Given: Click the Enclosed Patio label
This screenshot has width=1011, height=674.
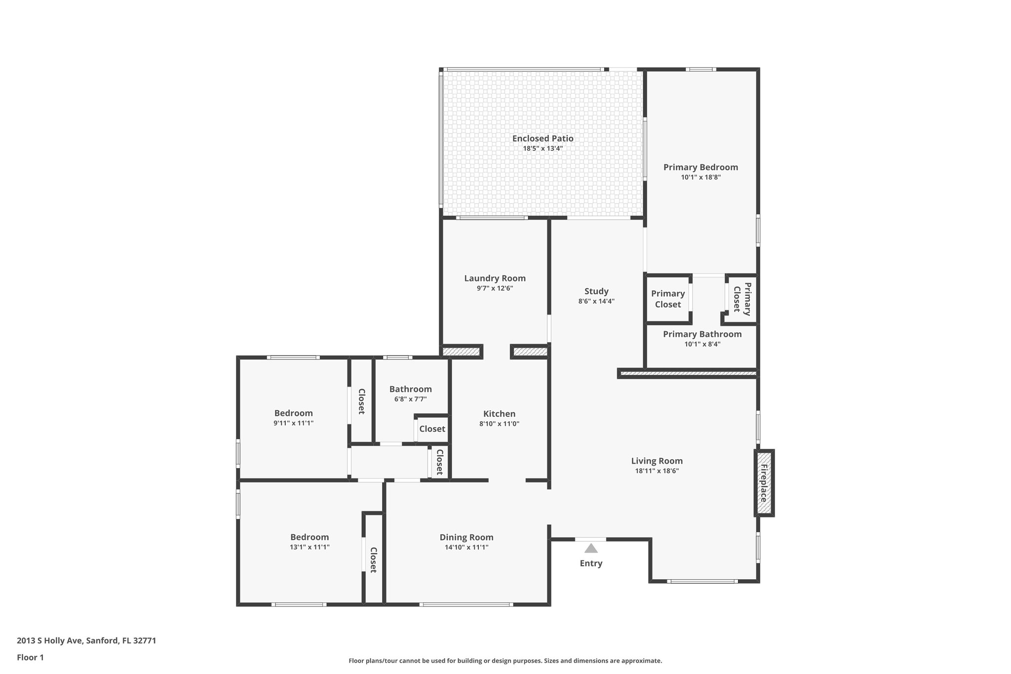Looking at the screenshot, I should [543, 139].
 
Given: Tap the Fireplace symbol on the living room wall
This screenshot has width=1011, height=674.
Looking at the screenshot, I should [764, 482].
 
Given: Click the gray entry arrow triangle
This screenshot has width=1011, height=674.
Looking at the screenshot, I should [591, 548].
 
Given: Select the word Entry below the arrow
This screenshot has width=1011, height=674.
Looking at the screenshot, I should [591, 563].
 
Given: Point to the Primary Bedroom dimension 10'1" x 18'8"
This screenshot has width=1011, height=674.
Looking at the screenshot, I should [700, 177].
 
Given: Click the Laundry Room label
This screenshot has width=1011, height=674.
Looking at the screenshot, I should [495, 278].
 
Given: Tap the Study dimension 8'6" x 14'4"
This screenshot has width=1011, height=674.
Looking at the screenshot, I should [596, 301].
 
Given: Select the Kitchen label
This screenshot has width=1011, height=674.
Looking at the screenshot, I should [499, 414].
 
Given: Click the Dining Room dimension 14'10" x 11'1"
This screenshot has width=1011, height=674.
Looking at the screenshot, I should [467, 547].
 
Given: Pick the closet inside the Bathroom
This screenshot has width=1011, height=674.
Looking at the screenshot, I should [432, 429].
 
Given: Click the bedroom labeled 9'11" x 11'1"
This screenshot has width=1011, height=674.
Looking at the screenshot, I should [293, 418].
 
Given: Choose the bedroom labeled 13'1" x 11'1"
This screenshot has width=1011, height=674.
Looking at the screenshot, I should [310, 542].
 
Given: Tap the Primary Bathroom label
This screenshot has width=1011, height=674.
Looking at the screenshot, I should [702, 334].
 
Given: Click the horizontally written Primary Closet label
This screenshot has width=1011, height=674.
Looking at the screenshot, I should [667, 299].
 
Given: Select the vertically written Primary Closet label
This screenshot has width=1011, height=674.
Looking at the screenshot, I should [742, 299].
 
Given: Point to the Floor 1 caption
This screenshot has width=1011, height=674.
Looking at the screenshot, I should [30, 657].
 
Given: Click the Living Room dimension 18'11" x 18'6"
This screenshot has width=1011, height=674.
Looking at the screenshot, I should [657, 471].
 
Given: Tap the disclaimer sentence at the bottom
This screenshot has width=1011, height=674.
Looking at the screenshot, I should [505, 661].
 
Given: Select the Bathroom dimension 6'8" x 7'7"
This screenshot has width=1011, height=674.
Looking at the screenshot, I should [410, 399].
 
